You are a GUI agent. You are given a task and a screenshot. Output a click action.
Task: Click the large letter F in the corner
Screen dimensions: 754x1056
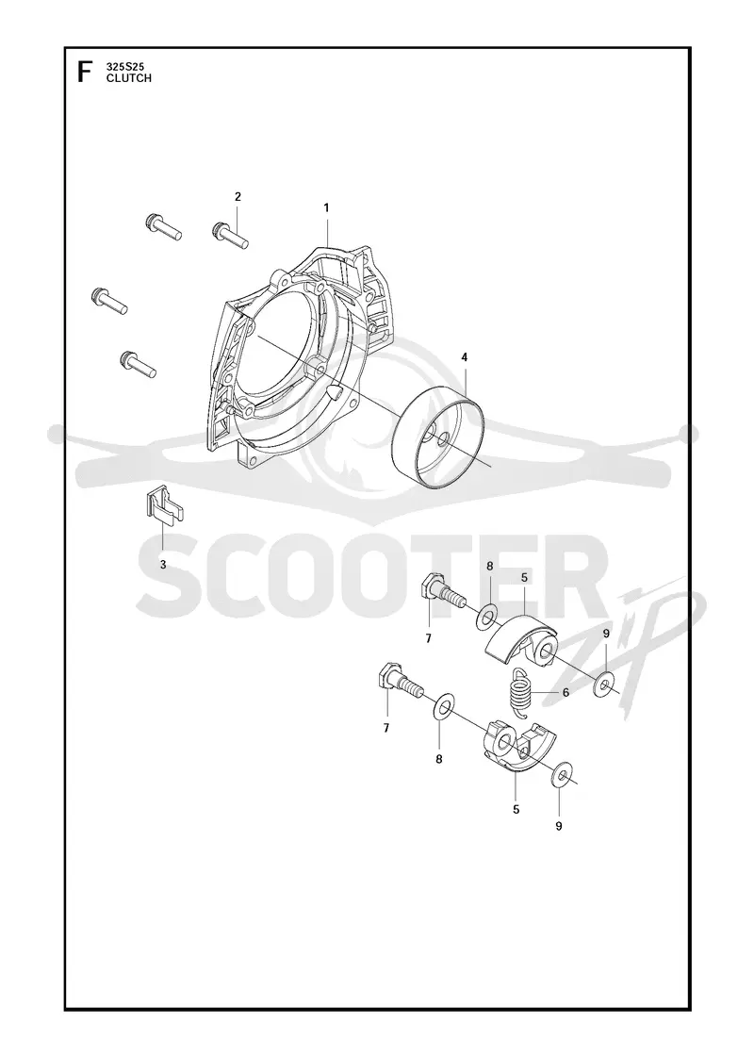(84, 72)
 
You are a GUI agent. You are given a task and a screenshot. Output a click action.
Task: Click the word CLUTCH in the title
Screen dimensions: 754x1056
(128, 77)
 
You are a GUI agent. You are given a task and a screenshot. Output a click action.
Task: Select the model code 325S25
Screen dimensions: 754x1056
(125, 67)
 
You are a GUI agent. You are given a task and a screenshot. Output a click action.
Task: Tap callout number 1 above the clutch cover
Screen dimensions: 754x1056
(326, 208)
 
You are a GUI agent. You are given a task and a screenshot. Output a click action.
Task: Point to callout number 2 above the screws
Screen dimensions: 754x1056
(238, 197)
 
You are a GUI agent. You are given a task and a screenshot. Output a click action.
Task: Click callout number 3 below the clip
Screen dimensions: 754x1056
(163, 565)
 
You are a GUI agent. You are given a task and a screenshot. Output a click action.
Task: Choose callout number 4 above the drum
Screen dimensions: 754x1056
(464, 357)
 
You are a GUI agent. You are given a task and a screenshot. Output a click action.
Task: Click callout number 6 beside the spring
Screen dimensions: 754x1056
(565, 692)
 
